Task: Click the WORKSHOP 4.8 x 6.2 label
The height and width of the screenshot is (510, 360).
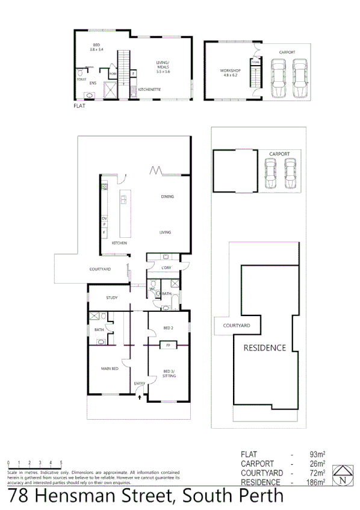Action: pyautogui.click(x=230, y=73)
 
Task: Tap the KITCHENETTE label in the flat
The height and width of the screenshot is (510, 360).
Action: pyautogui.click(x=150, y=90)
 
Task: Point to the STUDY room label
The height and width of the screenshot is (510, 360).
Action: pyautogui.click(x=111, y=297)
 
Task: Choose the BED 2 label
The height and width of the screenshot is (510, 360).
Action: pyautogui.click(x=168, y=328)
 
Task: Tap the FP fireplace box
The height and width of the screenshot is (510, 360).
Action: pyautogui.click(x=168, y=346)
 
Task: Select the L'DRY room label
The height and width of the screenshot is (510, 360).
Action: pyautogui.click(x=166, y=267)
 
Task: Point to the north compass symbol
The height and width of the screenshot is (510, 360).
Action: pyautogui.click(x=343, y=475)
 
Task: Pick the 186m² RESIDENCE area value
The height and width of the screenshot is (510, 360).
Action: pyautogui.click(x=315, y=482)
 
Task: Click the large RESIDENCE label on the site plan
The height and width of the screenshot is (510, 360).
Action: pyautogui.click(x=264, y=348)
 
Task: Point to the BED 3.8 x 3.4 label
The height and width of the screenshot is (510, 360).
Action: pyautogui.click(x=96, y=48)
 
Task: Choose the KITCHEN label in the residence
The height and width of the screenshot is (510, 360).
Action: pyautogui.click(x=119, y=243)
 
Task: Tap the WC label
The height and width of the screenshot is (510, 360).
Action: pyautogui.click(x=153, y=289)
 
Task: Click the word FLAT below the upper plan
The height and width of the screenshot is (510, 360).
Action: pyautogui.click(x=79, y=106)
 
